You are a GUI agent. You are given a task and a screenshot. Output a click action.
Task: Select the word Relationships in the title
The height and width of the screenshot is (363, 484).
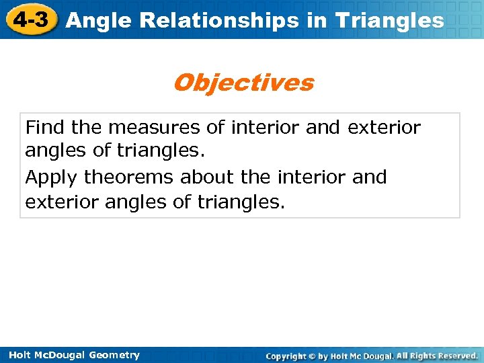(x=210, y=21)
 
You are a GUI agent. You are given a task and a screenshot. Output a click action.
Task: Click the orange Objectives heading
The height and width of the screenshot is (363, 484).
(x=243, y=83)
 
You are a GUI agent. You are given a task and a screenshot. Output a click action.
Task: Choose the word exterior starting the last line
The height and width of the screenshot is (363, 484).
(x=62, y=202)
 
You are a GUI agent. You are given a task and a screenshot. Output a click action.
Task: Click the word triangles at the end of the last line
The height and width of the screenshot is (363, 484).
(x=239, y=202)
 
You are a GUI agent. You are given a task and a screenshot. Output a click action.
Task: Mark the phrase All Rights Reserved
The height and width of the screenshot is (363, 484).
(x=437, y=355)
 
